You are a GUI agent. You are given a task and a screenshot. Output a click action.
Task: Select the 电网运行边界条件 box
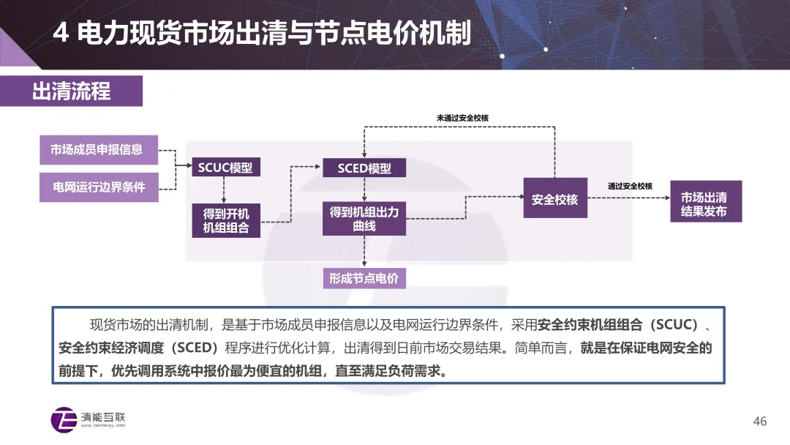point(99,187)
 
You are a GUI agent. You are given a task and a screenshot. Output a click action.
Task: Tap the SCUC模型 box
point(225,168)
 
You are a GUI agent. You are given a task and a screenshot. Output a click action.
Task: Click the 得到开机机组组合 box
point(226,220)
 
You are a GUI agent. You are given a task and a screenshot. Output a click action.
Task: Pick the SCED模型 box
point(364,168)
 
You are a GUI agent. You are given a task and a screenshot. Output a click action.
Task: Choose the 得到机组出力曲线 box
point(364,219)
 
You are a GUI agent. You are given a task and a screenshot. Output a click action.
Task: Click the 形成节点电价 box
point(364,278)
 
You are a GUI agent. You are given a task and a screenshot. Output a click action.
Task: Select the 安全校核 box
point(554,199)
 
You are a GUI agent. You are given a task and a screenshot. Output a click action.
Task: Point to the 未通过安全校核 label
point(462,118)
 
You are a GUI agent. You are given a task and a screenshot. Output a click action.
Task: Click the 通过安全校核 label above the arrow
point(630,186)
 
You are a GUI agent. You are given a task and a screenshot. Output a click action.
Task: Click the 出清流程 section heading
point(71,91)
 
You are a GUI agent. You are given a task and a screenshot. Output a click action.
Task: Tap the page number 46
point(760,421)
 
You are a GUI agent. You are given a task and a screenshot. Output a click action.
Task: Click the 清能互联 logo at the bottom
point(89,419)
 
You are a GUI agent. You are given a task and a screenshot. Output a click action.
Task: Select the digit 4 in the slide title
point(61,33)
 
